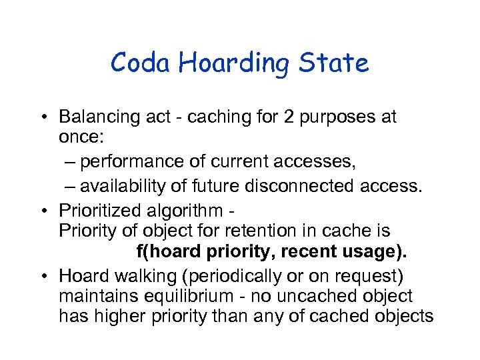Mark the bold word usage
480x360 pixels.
click(x=380, y=253)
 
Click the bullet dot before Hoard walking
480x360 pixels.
click(x=49, y=275)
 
